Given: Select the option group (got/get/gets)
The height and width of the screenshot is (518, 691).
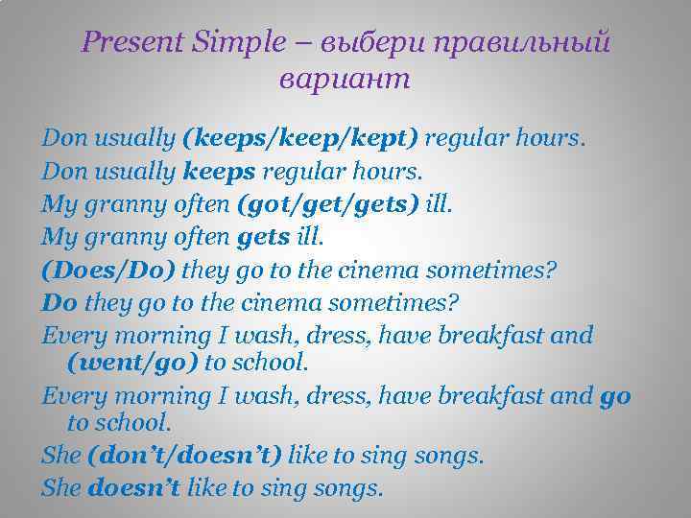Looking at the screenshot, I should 297,203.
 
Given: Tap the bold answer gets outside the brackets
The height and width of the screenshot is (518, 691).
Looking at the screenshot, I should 259,236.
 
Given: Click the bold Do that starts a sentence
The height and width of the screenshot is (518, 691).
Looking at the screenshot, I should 60,302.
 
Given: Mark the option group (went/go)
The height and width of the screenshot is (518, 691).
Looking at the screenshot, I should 133,363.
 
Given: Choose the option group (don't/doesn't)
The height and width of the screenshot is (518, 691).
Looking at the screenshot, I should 185,455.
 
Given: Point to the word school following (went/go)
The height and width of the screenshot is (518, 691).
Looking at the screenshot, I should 270,363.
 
